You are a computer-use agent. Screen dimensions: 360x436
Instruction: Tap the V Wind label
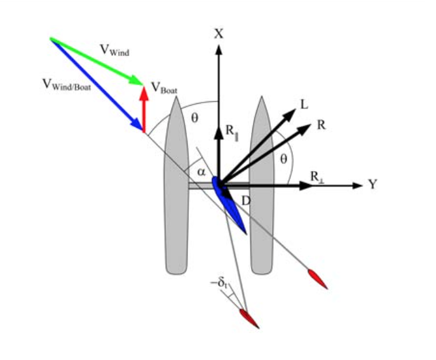point(114,50)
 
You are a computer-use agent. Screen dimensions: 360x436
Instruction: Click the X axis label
point(219,34)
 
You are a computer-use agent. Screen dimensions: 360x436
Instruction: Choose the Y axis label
point(373,185)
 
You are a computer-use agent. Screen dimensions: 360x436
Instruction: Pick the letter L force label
point(304,104)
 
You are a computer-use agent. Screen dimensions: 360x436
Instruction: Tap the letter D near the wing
point(245,200)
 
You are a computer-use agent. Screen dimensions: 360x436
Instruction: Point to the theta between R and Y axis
point(283,159)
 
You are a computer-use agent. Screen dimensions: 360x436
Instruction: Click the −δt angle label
point(223,283)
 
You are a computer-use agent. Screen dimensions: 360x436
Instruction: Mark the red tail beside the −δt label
point(249,318)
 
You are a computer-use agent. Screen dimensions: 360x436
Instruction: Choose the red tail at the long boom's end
point(317,279)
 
